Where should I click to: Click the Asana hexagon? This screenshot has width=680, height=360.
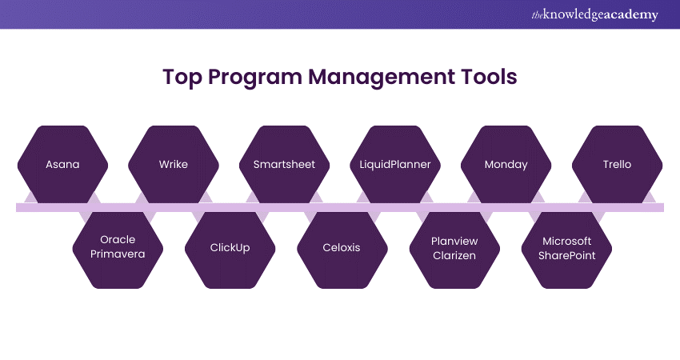pyautogui.click(x=62, y=164)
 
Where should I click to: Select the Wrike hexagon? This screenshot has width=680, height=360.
pyautogui.click(x=174, y=164)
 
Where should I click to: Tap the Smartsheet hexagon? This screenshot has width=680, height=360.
pyautogui.click(x=285, y=164)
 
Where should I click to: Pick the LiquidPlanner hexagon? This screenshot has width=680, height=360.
pyautogui.click(x=395, y=164)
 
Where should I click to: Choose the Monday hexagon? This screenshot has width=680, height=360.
pyautogui.click(x=506, y=164)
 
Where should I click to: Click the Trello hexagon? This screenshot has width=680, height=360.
pyautogui.click(x=617, y=164)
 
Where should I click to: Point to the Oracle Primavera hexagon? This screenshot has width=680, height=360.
pyautogui.click(x=118, y=250)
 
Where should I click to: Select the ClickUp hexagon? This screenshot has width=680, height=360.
pyautogui.click(x=230, y=250)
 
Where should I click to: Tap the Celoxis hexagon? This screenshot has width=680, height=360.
pyautogui.click(x=342, y=250)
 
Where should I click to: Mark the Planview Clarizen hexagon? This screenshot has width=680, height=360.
pyautogui.click(x=454, y=250)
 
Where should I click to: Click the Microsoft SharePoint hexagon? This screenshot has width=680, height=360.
pyautogui.click(x=567, y=250)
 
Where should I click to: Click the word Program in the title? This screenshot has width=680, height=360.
pyautogui.click(x=255, y=78)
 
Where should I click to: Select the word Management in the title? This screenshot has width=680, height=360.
pyautogui.click(x=382, y=78)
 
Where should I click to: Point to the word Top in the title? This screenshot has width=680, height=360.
pyautogui.click(x=182, y=78)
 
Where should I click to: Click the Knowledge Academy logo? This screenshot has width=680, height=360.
pyautogui.click(x=595, y=14)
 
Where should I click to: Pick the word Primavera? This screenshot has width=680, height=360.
pyautogui.click(x=118, y=254)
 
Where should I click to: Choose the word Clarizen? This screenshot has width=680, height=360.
pyautogui.click(x=454, y=255)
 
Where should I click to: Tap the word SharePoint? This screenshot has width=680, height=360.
pyautogui.click(x=567, y=255)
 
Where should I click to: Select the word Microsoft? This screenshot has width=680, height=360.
pyautogui.click(x=567, y=241)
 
